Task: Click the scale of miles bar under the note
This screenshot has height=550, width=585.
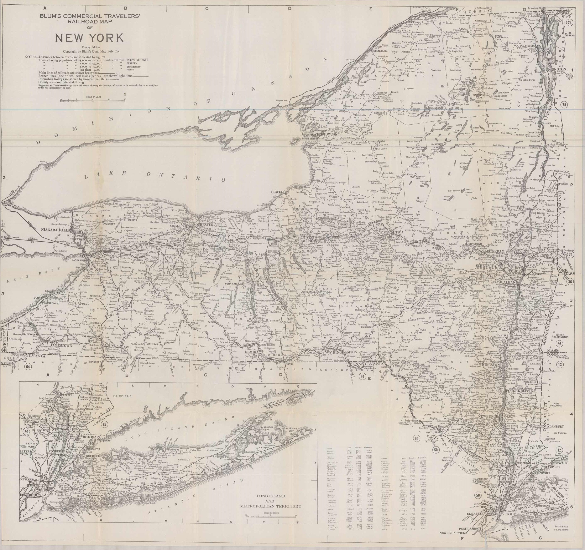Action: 93,101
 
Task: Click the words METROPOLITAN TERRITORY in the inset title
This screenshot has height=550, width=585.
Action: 270,506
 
